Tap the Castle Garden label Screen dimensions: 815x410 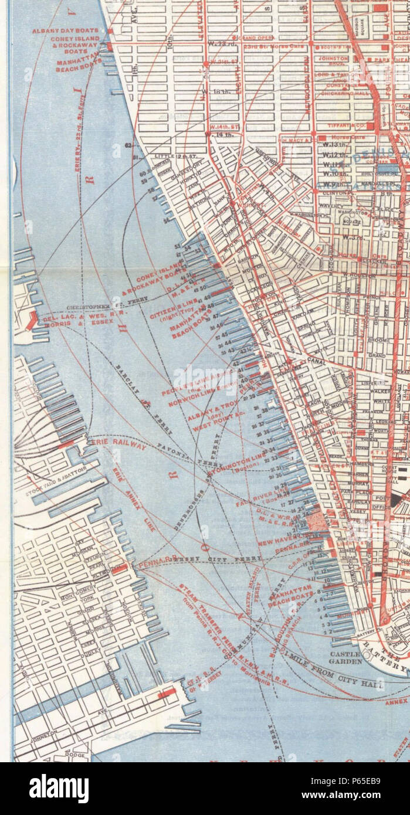coord(343,657)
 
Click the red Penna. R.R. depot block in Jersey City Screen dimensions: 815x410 coord(120,568)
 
